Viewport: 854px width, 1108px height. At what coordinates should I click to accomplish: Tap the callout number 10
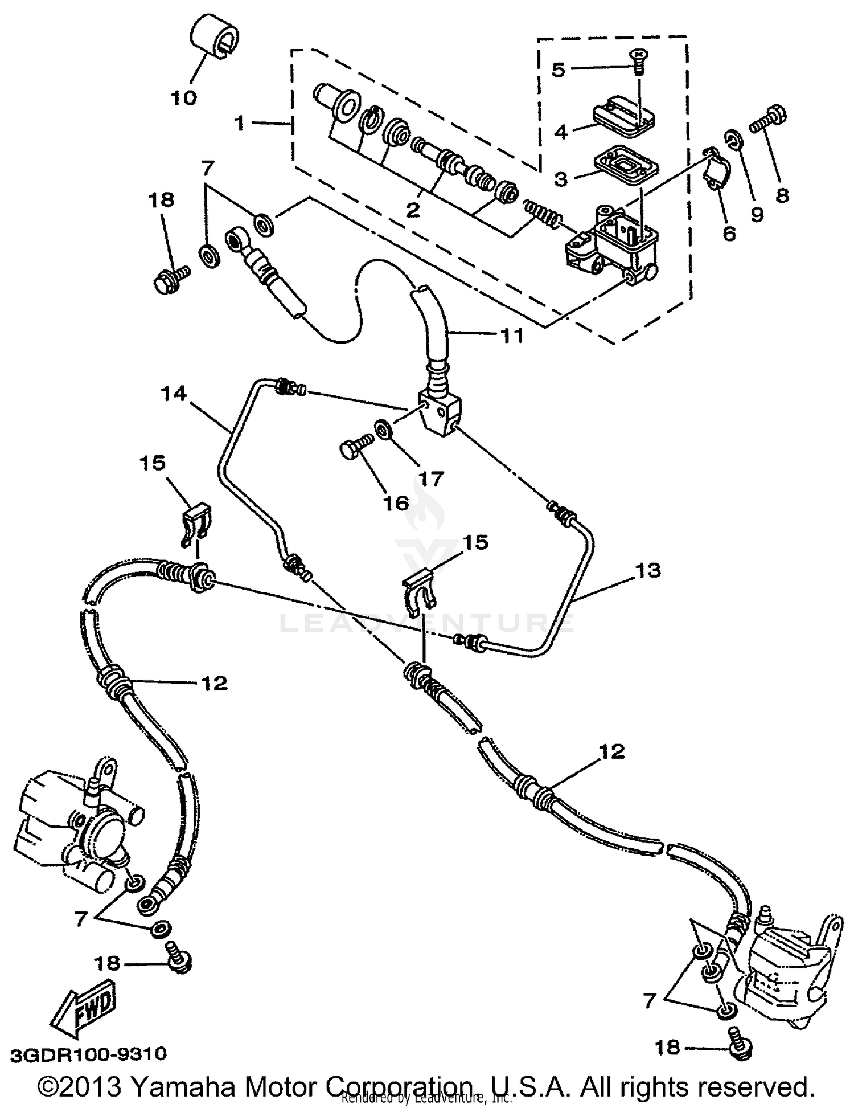pos(183,97)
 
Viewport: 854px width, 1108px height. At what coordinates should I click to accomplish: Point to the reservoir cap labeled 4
pos(623,118)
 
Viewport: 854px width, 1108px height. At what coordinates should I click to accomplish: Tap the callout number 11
pos(511,336)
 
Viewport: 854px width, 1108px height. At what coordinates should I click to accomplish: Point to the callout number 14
pos(174,394)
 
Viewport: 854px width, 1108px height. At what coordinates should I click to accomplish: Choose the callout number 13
pos(648,570)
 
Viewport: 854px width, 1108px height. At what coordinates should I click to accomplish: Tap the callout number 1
pos(240,122)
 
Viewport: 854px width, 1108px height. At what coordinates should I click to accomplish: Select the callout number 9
pos(756,214)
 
